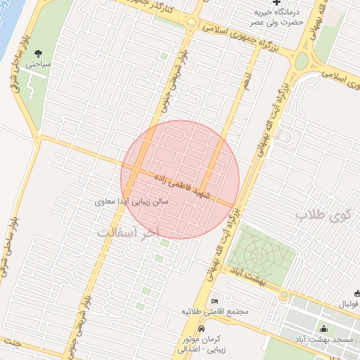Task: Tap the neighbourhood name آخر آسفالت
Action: pos(130,231)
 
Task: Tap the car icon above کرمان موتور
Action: pos(202,329)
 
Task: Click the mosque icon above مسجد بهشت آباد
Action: pos(323,328)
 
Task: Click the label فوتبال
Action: pos(347,304)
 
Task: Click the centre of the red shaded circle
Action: pos(180,179)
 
